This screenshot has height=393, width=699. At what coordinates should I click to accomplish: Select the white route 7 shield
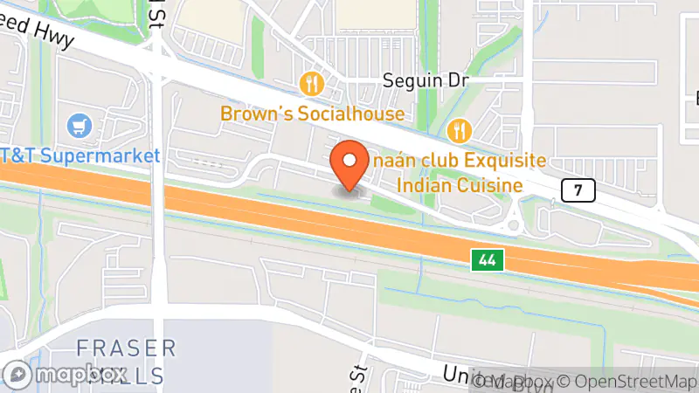pos(578,190)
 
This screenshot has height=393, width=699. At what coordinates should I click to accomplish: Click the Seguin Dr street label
pos(427,81)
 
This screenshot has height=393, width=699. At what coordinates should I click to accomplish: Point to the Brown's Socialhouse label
pos(312,114)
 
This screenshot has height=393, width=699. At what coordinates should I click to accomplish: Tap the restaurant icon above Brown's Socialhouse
pos(312,85)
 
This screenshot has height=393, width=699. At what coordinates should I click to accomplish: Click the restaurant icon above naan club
pos(459,132)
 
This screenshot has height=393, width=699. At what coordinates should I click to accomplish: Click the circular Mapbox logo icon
pos(18,376)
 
